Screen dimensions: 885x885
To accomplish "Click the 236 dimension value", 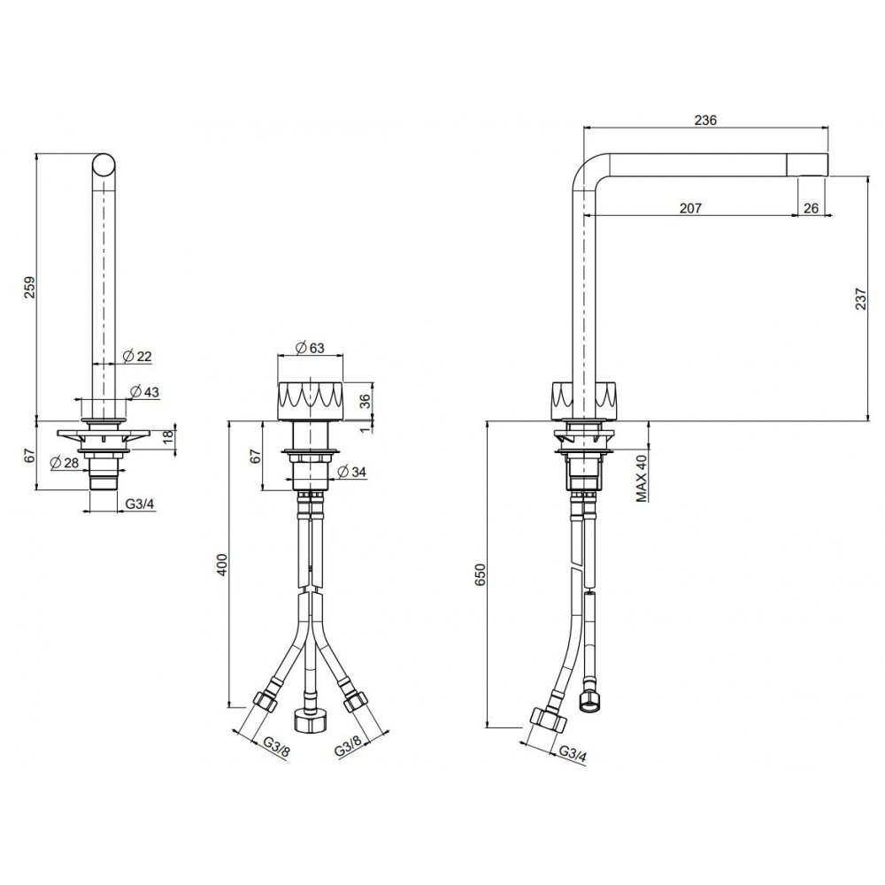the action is (705, 120).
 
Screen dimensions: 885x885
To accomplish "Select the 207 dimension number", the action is (690, 208).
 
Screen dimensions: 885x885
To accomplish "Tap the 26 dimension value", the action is (811, 208).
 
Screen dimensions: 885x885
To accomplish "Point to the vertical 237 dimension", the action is (860, 298).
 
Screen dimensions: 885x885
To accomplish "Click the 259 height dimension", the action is (29, 288).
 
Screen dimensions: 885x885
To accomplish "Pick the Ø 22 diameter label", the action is (136, 356).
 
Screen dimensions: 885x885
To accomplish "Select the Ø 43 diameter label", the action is (144, 391).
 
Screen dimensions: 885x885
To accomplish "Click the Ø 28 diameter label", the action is (65, 463).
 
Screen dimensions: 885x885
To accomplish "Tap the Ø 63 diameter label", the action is (310, 348).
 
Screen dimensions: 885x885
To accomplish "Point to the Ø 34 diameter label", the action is (351, 471).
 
